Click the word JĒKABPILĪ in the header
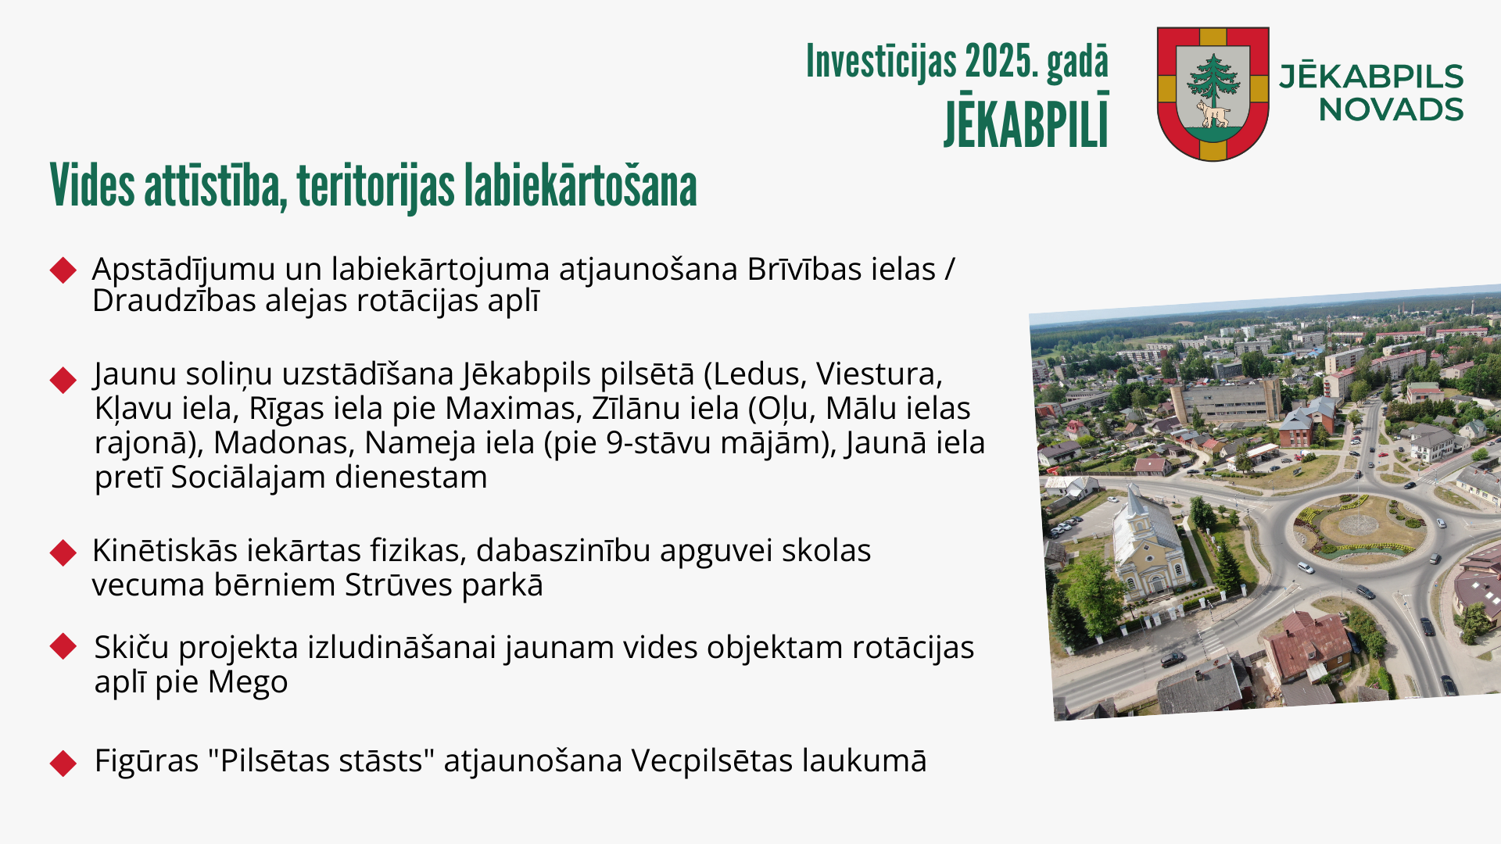(x=1026, y=120)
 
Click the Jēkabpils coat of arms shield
(x=1213, y=94)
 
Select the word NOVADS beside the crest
(x=1392, y=110)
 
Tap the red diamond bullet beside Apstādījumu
(x=63, y=270)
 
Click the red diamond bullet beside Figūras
(x=63, y=763)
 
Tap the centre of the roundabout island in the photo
(x=1360, y=524)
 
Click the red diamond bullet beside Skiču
(x=63, y=646)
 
